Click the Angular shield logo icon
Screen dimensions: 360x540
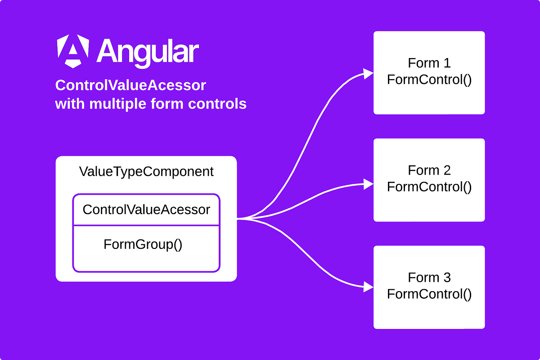(x=73, y=51)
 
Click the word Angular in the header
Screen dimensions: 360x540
(x=148, y=51)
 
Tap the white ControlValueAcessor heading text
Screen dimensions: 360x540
(x=130, y=85)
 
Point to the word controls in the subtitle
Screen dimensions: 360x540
(x=220, y=104)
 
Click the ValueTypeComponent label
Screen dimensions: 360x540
(x=146, y=171)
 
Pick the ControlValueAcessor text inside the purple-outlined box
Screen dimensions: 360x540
(x=146, y=209)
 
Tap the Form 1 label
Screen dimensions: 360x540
(x=429, y=63)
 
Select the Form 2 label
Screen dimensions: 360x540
(x=429, y=170)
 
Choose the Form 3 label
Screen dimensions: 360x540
(x=429, y=277)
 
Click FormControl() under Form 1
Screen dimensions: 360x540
(x=429, y=80)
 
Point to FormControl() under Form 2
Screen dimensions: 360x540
(x=429, y=187)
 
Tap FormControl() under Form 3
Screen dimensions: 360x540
(x=429, y=294)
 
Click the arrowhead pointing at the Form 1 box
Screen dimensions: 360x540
(x=369, y=74)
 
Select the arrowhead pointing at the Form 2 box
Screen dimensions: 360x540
(x=369, y=183)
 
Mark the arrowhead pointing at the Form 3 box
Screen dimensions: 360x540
(x=369, y=286)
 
